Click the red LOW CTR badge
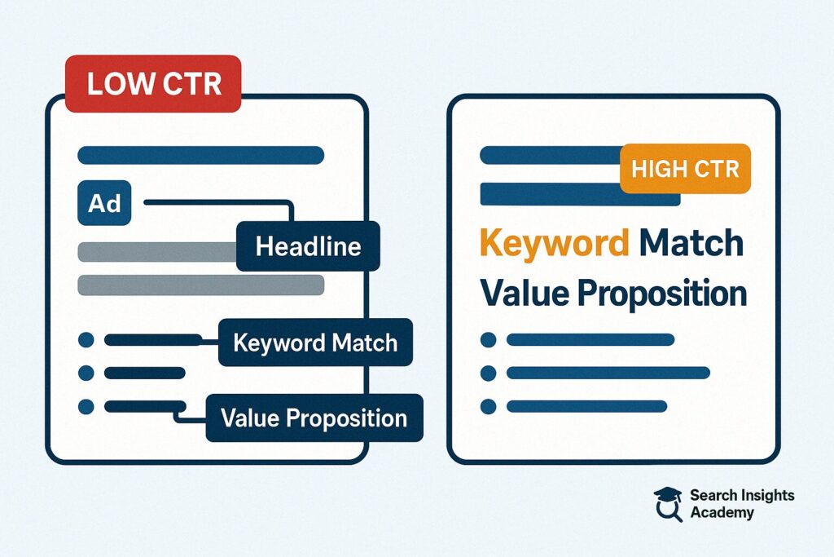153,84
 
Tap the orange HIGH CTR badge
685,169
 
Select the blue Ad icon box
104,203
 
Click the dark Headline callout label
308,246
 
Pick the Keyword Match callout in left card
315,343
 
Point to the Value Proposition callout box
314,418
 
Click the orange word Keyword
554,244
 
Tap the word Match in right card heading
691,242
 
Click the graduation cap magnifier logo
668,504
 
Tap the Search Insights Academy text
742,504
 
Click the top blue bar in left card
201,155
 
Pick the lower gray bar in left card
201,285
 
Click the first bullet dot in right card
489,340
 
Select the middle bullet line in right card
608,373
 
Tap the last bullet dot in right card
489,407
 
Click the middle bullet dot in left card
86,373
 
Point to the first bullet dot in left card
86,340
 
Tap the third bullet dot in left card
86,407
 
